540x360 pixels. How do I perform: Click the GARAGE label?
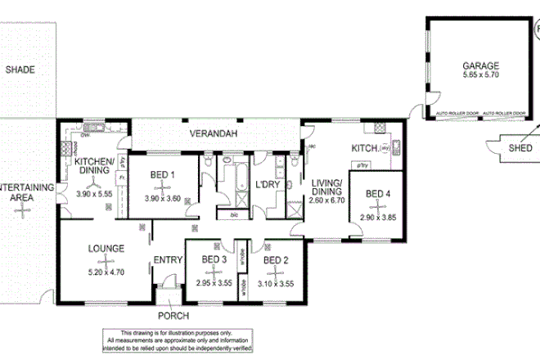click(480, 65)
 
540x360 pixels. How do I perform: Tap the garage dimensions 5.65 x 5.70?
click(480, 75)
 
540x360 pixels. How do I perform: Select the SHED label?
click(520, 148)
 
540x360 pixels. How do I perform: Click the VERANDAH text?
click(214, 133)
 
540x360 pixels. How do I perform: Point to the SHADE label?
click(20, 70)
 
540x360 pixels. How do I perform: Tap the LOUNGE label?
click(106, 248)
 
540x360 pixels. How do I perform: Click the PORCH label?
click(173, 316)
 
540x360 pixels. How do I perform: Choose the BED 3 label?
click(214, 259)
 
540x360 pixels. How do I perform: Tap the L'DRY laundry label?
click(268, 185)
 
